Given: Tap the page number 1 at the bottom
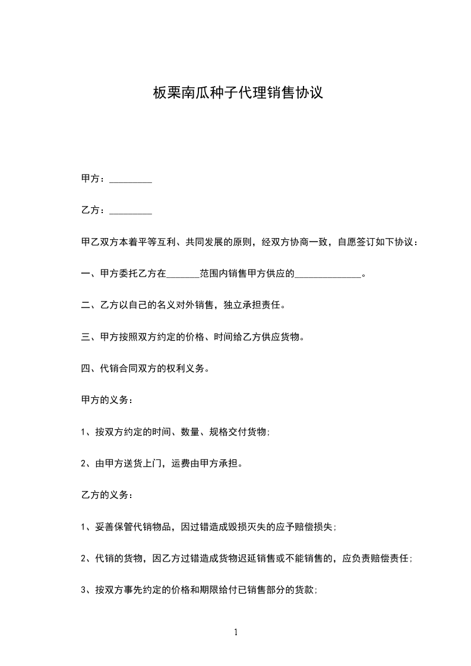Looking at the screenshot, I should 236,633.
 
